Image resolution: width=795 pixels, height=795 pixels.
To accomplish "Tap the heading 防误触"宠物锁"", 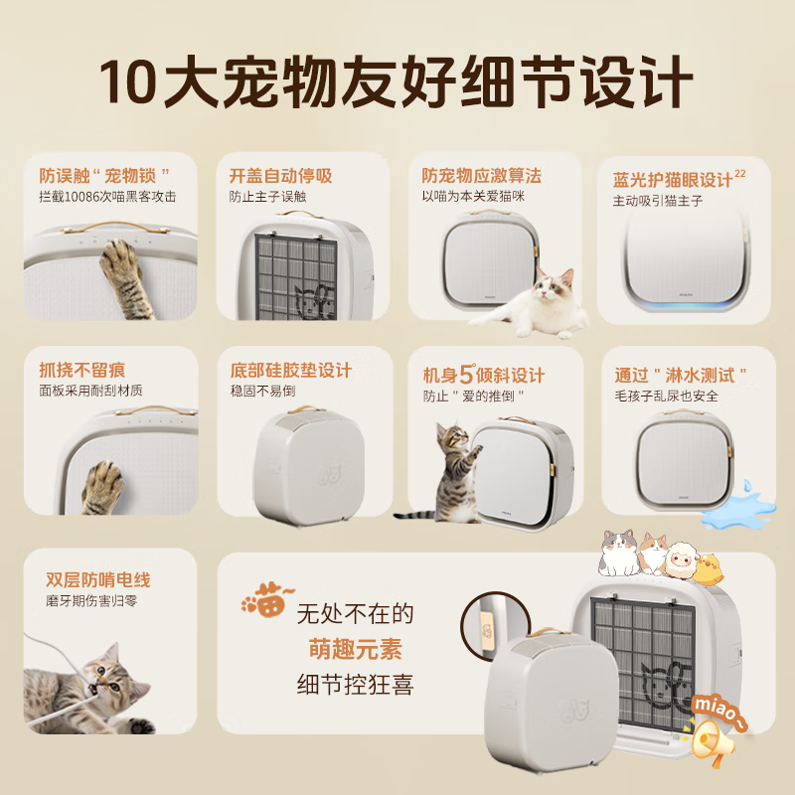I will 104,175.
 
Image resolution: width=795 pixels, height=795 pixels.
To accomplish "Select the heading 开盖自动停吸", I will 280,176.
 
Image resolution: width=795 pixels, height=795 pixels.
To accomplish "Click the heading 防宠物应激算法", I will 481,175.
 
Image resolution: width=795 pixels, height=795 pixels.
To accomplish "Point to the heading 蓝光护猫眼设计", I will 672,180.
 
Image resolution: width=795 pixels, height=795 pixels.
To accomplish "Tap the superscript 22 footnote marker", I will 739,173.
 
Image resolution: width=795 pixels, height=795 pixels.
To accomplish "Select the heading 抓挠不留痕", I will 82,370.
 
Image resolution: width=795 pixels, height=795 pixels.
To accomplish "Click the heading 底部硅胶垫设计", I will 290,370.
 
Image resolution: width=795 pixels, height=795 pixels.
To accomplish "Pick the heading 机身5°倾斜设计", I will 483,375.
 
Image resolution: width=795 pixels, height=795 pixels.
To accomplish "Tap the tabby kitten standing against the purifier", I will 452,467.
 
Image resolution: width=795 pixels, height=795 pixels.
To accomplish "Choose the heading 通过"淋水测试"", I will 681,375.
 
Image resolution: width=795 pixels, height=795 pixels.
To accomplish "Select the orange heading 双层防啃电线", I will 98,579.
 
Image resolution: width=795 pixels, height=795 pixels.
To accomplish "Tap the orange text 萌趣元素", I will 355,649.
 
